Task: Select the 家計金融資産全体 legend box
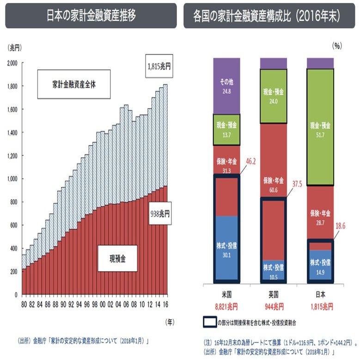pyautogui.click(x=73, y=85)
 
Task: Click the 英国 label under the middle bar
pyautogui.click(x=273, y=295)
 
